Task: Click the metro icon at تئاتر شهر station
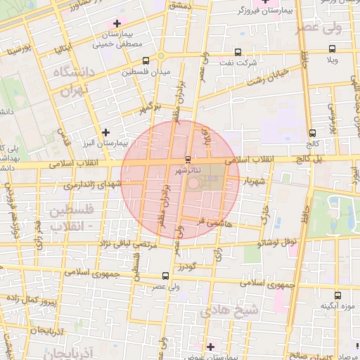[187, 159]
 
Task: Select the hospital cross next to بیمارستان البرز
[105, 131]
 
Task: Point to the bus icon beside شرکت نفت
[237, 51]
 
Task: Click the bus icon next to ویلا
[332, 49]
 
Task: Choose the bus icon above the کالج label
[312, 132]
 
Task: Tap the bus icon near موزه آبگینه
[337, 295]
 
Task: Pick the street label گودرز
[184, 266]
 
